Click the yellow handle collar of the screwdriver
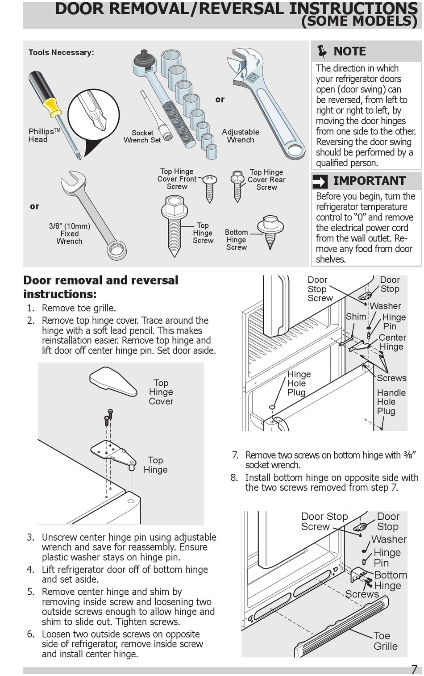[x=52, y=107]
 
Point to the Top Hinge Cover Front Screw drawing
[x=209, y=188]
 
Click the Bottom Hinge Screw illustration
[x=270, y=230]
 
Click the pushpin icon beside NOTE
[x=321, y=52]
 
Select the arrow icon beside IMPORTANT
[x=320, y=181]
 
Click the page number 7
[x=414, y=669]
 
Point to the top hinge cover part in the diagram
[x=113, y=381]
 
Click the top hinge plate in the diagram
[x=114, y=454]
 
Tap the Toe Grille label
[x=385, y=641]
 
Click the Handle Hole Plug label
[x=391, y=402]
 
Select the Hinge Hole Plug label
[x=299, y=384]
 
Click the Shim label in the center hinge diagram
[x=356, y=317]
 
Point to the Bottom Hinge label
[x=390, y=580]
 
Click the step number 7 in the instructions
[x=235, y=455]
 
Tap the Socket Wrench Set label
[x=142, y=137]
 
